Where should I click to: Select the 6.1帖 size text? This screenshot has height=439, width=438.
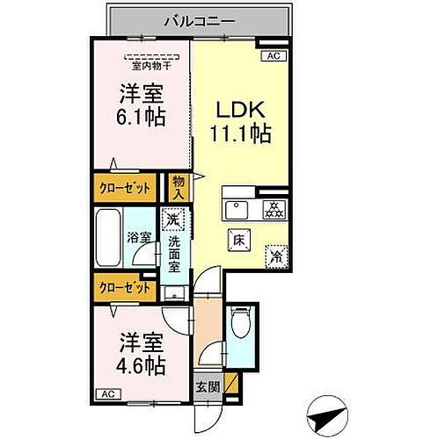[142, 116]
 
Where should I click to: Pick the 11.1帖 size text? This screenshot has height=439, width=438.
[238, 135]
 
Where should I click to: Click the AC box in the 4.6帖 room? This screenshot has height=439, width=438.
[106, 394]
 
